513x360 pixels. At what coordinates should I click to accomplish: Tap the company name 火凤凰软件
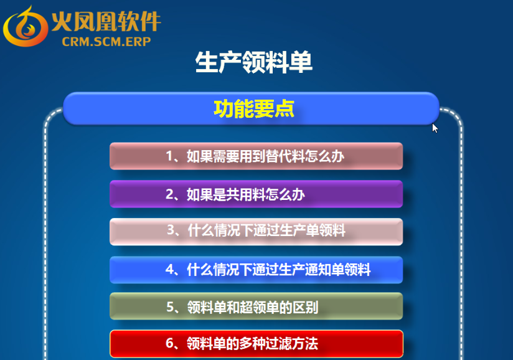(106, 22)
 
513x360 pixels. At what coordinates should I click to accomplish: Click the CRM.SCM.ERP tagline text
(106, 42)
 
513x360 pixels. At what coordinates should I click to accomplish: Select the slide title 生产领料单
(254, 62)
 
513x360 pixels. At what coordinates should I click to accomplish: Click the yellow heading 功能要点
(254, 108)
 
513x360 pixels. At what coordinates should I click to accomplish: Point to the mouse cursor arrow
(435, 128)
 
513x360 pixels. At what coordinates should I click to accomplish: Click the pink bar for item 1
(256, 156)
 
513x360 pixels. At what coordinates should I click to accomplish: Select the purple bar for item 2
(256, 194)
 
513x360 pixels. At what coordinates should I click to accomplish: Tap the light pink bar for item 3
(256, 232)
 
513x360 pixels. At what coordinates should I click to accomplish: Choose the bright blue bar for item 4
(256, 270)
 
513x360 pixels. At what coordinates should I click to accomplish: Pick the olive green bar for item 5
(256, 306)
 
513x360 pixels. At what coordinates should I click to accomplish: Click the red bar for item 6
(256, 344)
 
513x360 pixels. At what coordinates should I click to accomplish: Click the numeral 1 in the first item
(170, 156)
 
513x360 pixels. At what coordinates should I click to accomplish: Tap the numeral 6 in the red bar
(170, 343)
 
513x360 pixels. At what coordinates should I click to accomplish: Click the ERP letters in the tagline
(139, 42)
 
